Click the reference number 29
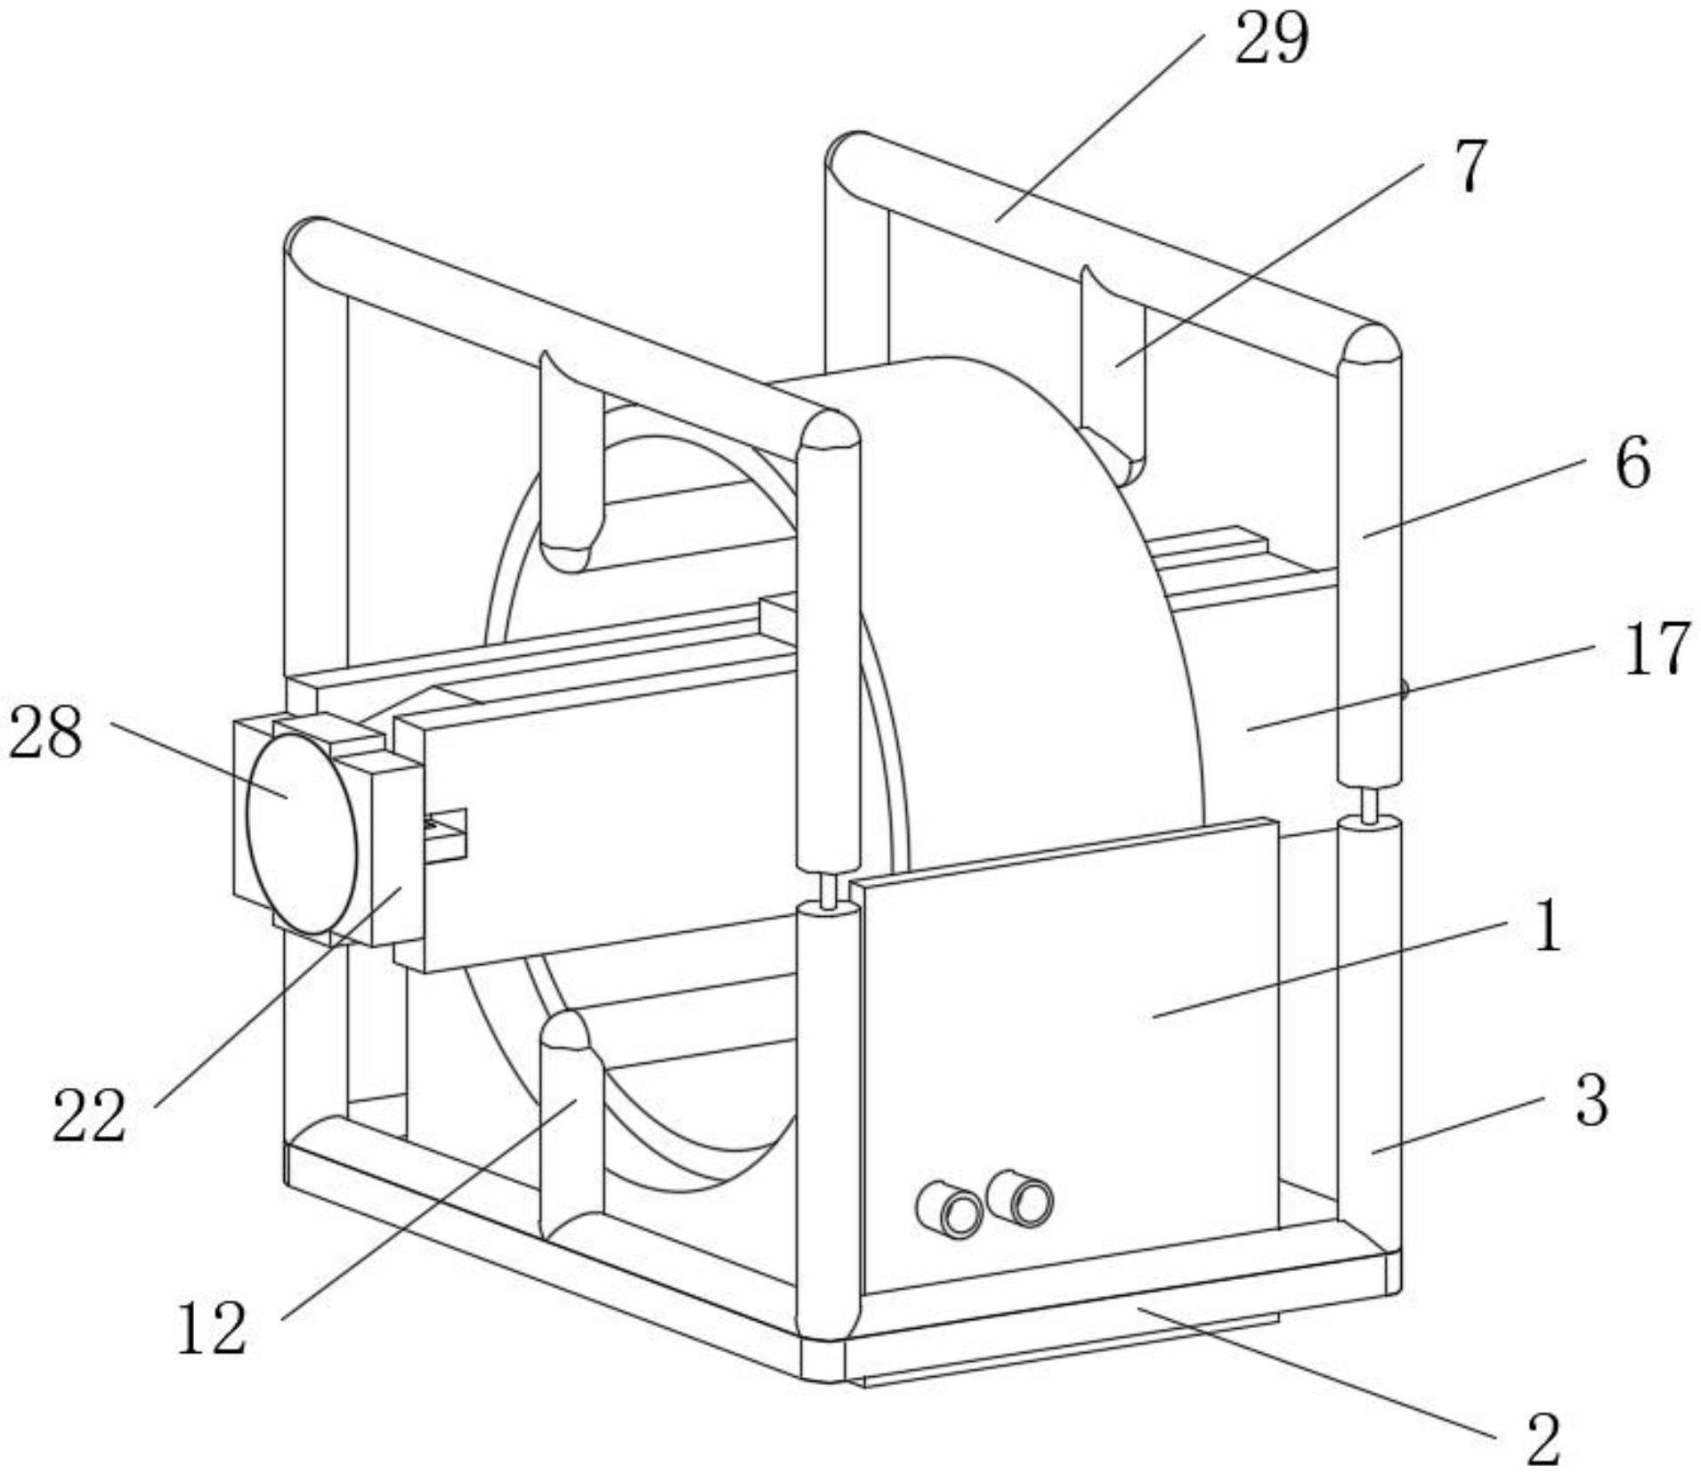(1270, 40)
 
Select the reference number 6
(1632, 462)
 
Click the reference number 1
(1549, 927)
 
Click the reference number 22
(88, 1115)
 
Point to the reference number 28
(45, 732)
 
